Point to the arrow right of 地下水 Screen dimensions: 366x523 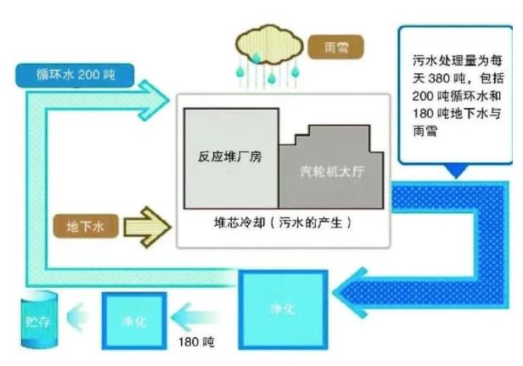tap(148, 225)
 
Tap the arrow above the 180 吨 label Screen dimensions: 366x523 tap(195, 319)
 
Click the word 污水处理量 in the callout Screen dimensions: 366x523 tap(434, 59)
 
